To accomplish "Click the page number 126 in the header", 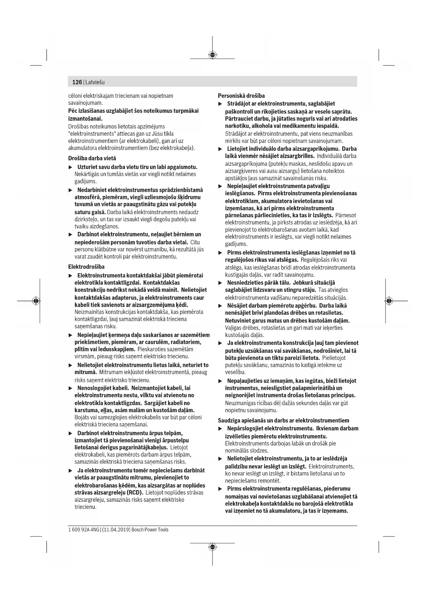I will [77, 82].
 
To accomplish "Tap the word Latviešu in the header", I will [95, 82].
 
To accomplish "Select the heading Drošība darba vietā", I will [92, 158].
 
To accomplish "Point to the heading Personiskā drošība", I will [241, 96].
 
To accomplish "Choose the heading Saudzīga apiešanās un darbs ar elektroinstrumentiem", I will [284, 420].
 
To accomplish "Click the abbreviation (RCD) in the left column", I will [135, 493].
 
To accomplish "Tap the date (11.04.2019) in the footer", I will [116, 530].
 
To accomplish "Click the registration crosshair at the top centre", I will [212, 55].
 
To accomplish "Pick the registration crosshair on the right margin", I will [389, 301].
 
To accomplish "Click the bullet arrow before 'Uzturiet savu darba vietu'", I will [71, 167].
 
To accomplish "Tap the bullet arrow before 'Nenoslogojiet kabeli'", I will [71, 388].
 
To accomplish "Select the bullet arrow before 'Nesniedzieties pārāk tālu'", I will [220, 283].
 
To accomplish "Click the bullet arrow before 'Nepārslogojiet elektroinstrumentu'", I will [220, 429].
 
